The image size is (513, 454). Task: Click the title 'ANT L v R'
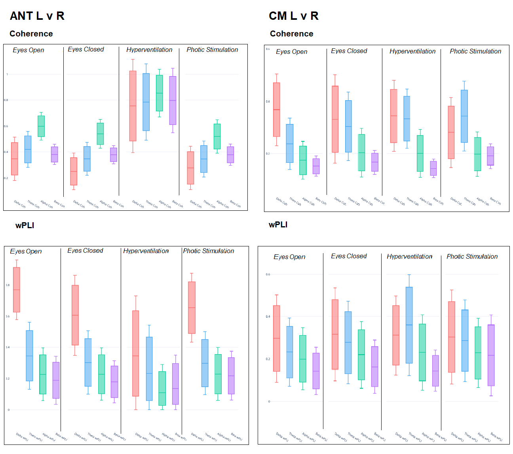pos(37,16)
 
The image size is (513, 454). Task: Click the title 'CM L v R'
pos(293,16)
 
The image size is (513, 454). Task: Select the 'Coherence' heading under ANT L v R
pos(31,34)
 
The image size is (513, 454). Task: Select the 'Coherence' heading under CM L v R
pos(291,34)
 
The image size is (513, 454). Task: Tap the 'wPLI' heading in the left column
pos(25,225)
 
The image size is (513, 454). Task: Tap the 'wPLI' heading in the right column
pos(278,225)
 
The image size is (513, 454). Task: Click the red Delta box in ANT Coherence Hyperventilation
pos(133,106)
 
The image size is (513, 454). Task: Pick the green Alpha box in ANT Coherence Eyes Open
pos(41,126)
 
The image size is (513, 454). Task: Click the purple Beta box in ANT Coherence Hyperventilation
pos(173,100)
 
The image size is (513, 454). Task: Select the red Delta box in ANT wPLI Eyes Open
pos(17,290)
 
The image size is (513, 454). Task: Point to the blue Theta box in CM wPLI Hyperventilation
pos(409,325)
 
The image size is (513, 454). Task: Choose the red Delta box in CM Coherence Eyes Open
pos(277,109)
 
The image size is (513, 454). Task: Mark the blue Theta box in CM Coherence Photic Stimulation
pos(464,116)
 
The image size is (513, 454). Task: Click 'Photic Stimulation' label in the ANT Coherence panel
pos(212,50)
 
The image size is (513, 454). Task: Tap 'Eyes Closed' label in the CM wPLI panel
pos(349,256)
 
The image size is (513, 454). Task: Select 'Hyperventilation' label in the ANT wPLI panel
pos(146,251)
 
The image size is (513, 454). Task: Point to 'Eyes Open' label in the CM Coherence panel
pos(291,52)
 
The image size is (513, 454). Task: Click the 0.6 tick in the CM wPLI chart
pos(268,274)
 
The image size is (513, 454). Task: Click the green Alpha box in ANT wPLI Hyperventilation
pos(162,388)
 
